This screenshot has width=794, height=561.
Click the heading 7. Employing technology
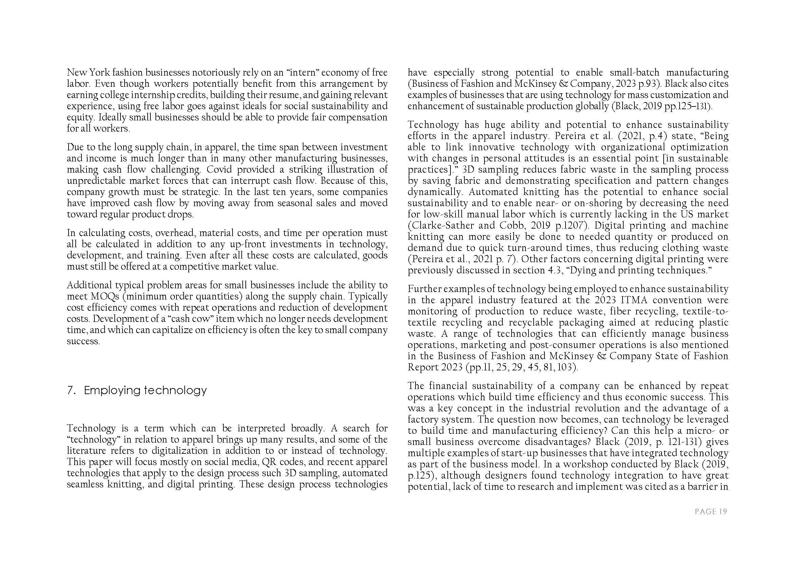tap(136, 391)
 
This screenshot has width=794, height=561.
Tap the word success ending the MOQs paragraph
tap(83, 341)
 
